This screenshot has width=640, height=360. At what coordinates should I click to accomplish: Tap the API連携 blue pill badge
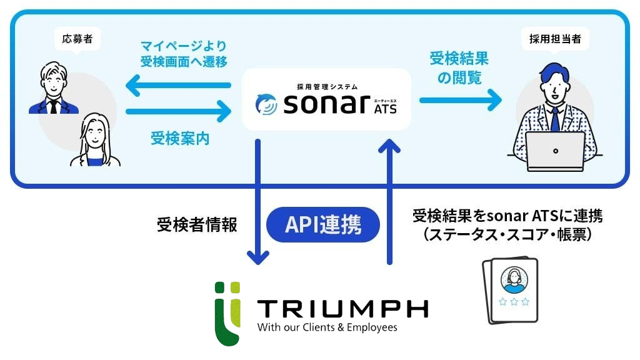click(x=323, y=224)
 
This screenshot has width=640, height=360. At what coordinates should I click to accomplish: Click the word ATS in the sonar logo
click(x=384, y=111)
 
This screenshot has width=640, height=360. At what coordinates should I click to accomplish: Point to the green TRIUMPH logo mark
click(x=226, y=313)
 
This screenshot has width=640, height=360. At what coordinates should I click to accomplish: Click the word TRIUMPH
click(x=343, y=309)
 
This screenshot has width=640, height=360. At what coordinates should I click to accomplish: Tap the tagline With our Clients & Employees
click(x=327, y=327)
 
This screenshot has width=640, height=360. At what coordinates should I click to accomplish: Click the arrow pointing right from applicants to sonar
click(x=178, y=112)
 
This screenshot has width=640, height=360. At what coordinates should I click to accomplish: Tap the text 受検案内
click(x=180, y=139)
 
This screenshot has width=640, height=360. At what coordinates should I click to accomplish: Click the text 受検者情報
click(x=197, y=225)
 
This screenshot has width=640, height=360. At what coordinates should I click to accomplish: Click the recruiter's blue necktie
click(x=554, y=118)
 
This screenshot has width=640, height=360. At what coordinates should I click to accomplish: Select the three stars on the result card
click(x=514, y=302)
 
